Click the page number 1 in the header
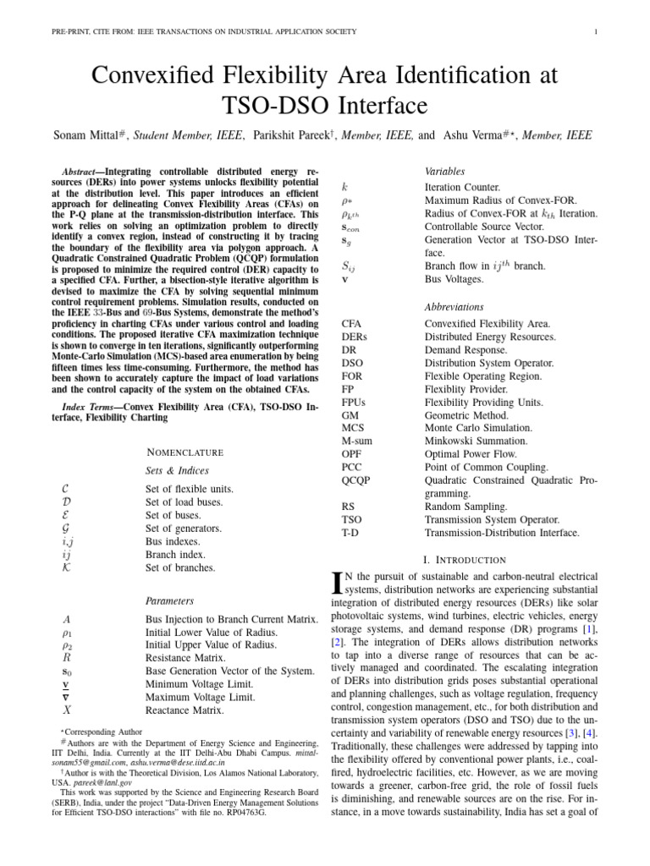pyautogui.click(x=597, y=32)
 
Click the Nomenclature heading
pyautogui.click(x=185, y=452)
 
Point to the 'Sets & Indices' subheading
pyautogui.click(x=178, y=470)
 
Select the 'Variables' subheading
pyautogui.click(x=444, y=171)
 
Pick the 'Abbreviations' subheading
pyautogui.click(x=454, y=307)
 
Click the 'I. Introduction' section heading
pyautogui.click(x=464, y=560)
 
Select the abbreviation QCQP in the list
pyautogui.click(x=356, y=480)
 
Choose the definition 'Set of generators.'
pyautogui.click(x=184, y=529)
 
